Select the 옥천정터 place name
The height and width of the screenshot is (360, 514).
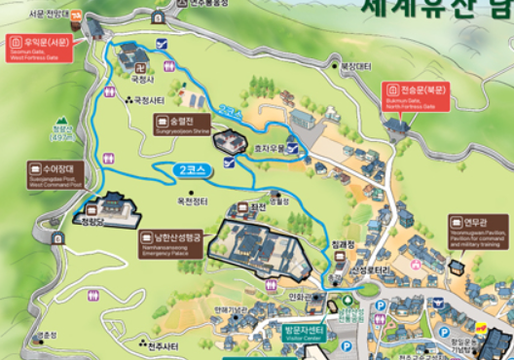click(192, 201)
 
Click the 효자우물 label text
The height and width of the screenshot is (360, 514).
click(270, 150)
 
